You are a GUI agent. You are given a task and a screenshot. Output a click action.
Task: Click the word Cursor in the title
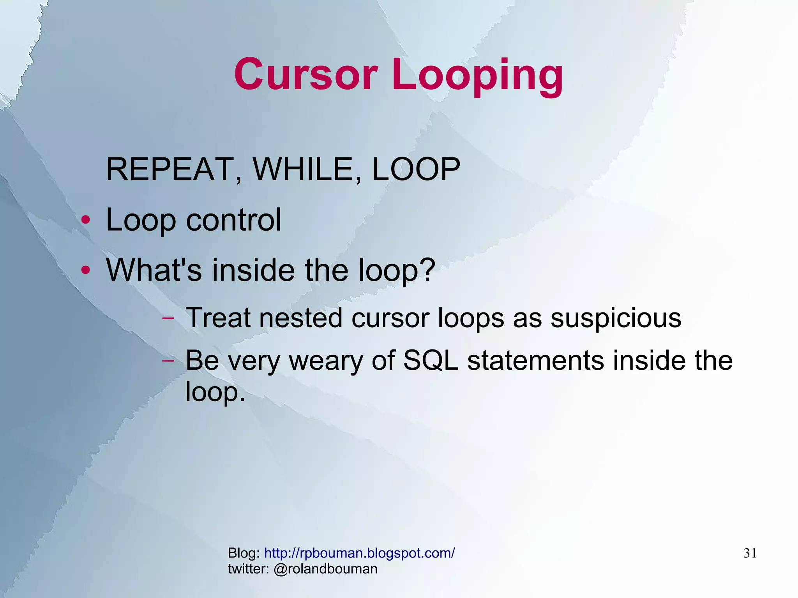[306, 74]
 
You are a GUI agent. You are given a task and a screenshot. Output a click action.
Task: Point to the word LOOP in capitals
[416, 169]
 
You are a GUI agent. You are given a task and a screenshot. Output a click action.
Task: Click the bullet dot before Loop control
[86, 220]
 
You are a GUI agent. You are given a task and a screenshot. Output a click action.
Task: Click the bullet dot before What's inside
[86, 270]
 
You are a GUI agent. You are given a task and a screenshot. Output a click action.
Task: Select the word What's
[154, 270]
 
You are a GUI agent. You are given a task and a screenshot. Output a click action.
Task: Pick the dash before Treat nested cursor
[168, 318]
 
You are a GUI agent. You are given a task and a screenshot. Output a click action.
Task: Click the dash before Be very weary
[168, 361]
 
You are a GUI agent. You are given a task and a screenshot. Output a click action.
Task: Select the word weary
[326, 361]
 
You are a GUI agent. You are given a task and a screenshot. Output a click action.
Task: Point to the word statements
[536, 361]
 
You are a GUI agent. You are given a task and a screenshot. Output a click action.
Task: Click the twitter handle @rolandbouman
[325, 569]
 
